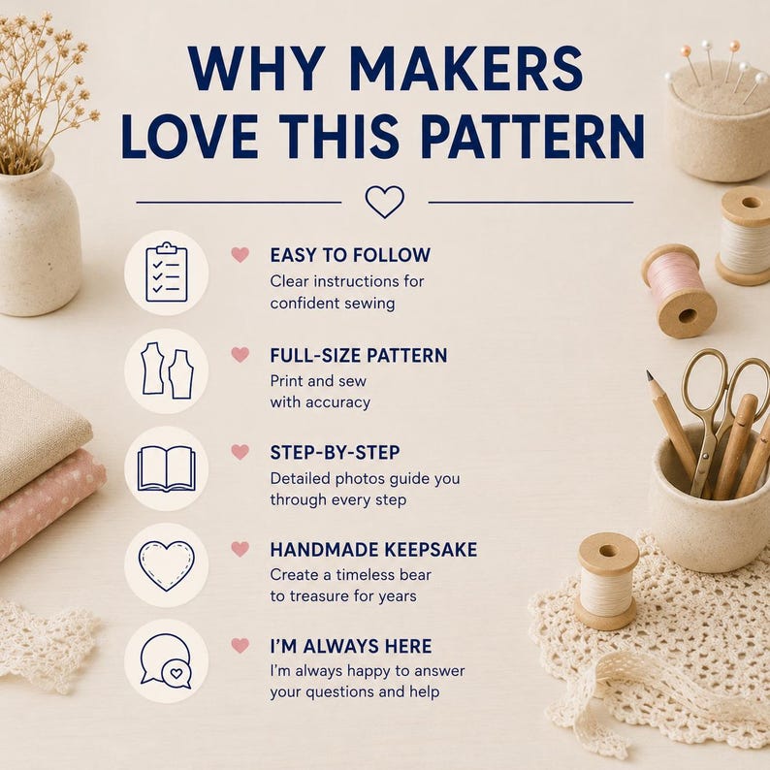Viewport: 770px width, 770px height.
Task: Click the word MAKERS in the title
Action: click(466, 69)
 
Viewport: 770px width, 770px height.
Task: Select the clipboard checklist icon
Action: click(167, 273)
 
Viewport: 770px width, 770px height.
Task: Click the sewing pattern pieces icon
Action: click(167, 370)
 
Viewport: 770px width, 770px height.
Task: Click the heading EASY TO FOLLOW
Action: click(350, 255)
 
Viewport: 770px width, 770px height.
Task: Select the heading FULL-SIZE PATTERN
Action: click(359, 355)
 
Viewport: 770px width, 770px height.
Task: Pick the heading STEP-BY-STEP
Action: click(335, 452)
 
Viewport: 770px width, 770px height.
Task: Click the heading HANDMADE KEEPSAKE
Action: click(373, 550)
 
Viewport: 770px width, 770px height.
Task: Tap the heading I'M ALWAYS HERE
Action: click(351, 646)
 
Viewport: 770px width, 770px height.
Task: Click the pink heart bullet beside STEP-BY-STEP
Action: click(241, 452)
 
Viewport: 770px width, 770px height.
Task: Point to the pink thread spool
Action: click(679, 291)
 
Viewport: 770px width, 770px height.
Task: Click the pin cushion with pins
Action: click(717, 118)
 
